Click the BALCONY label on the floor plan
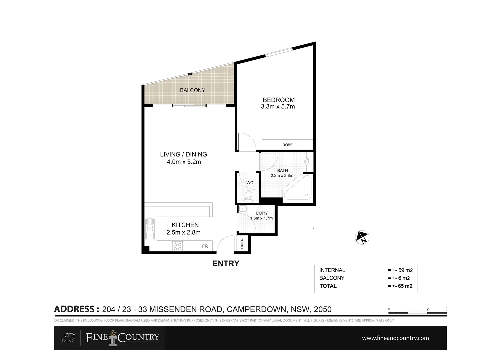tap(192, 90)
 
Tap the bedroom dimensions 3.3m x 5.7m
tap(278, 107)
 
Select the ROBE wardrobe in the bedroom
tap(287, 145)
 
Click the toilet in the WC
tap(248, 195)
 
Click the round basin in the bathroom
tap(307, 162)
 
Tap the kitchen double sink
tap(150, 229)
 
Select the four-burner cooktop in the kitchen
tap(177, 246)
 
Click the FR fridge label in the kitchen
tap(205, 246)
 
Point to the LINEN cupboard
tap(242, 244)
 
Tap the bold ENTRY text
tap(226, 263)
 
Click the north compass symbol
tap(362, 237)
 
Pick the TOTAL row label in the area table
tap(328, 286)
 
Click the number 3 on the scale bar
tap(446, 309)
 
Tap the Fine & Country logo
tap(122, 338)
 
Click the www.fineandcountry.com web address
tap(395, 338)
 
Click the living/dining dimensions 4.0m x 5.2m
tap(184, 162)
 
